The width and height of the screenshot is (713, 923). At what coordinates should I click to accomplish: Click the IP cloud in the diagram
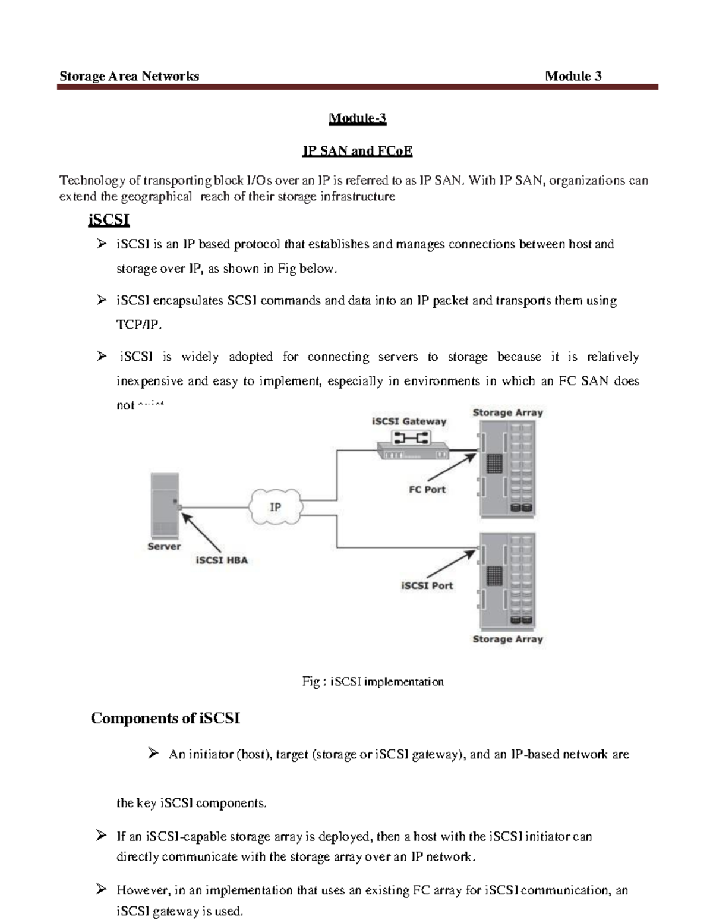click(x=276, y=508)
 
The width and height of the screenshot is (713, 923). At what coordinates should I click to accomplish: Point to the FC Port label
click(x=427, y=490)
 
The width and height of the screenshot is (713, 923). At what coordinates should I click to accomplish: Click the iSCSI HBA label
click(x=222, y=560)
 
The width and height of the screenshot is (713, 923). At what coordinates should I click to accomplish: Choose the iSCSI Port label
click(x=427, y=586)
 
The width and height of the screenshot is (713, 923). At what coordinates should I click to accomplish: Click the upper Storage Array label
click(x=507, y=413)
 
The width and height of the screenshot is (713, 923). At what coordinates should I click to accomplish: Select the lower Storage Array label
click(x=507, y=640)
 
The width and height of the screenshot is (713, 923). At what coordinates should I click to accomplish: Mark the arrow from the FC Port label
click(x=452, y=467)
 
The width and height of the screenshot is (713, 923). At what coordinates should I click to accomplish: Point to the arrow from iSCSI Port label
click(x=452, y=564)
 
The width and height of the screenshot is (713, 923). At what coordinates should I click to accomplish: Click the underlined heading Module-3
click(x=357, y=119)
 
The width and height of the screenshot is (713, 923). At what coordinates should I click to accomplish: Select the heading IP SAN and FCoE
click(x=357, y=151)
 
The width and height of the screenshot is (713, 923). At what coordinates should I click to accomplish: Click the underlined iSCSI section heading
click(x=109, y=220)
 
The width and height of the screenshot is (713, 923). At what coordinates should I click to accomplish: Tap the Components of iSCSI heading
click(x=165, y=719)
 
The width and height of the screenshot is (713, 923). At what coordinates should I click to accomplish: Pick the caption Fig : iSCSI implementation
click(x=373, y=682)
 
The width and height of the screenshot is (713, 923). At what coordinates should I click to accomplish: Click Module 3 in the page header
click(x=573, y=76)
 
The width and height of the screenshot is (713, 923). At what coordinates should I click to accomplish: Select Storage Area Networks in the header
click(x=129, y=76)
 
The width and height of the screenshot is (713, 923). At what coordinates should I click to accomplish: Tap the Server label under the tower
click(x=164, y=547)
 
